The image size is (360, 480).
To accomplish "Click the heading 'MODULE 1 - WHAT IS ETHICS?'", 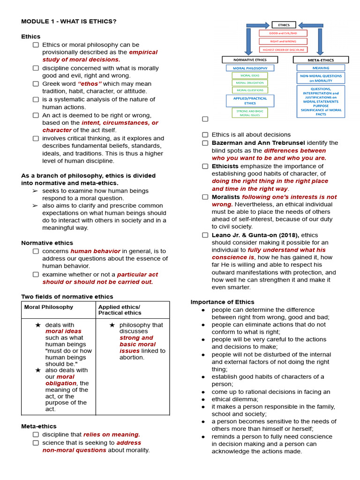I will click(x=68, y=22).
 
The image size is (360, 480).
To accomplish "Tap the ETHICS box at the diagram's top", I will click(x=284, y=25).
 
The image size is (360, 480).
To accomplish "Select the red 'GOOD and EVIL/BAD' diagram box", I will click(x=284, y=33).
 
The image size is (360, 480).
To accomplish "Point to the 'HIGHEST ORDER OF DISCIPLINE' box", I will click(x=284, y=49).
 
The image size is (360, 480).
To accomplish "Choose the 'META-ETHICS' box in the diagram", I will click(x=321, y=60).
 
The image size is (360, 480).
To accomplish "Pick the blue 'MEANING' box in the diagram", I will click(x=321, y=68).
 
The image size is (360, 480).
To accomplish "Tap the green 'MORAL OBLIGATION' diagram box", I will click(x=250, y=82).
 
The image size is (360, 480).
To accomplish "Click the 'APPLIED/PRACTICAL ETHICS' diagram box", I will click(x=250, y=101).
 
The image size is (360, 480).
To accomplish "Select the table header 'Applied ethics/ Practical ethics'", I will click(x=120, y=310).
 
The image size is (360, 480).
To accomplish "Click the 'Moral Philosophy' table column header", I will click(x=49, y=307).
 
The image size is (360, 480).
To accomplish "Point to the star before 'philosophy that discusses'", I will click(x=112, y=325).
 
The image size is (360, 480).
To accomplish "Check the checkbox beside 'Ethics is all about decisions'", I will click(x=205, y=135).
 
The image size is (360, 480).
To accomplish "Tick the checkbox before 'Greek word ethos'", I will click(x=36, y=83).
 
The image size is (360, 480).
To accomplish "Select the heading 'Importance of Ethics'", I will click(x=222, y=302).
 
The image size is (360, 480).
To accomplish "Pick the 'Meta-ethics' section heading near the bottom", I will click(x=39, y=426).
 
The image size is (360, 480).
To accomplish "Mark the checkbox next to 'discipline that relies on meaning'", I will click(x=36, y=435).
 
